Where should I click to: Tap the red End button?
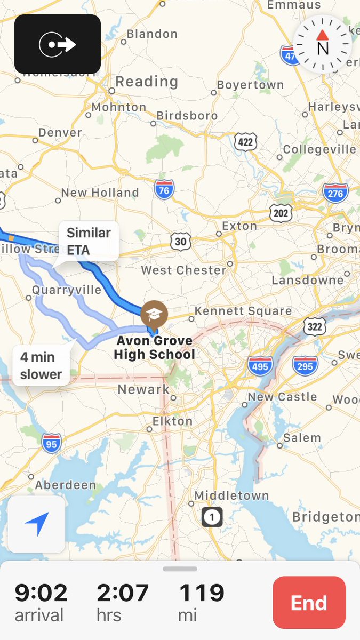click(309, 602)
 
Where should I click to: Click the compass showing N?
click(322, 45)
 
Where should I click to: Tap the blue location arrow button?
click(37, 524)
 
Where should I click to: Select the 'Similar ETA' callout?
click(89, 241)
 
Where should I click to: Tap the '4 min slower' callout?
click(41, 365)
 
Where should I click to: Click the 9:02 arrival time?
click(41, 593)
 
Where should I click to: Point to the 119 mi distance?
click(202, 593)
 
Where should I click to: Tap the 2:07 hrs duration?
click(123, 593)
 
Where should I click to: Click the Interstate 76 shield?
click(164, 189)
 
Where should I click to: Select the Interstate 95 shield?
click(51, 443)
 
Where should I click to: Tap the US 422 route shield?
click(245, 142)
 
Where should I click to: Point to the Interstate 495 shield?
click(260, 366)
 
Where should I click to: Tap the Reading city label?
click(147, 82)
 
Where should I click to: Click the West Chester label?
click(183, 270)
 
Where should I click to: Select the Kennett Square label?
click(243, 311)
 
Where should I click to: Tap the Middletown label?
click(231, 495)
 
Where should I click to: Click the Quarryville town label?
click(67, 290)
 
